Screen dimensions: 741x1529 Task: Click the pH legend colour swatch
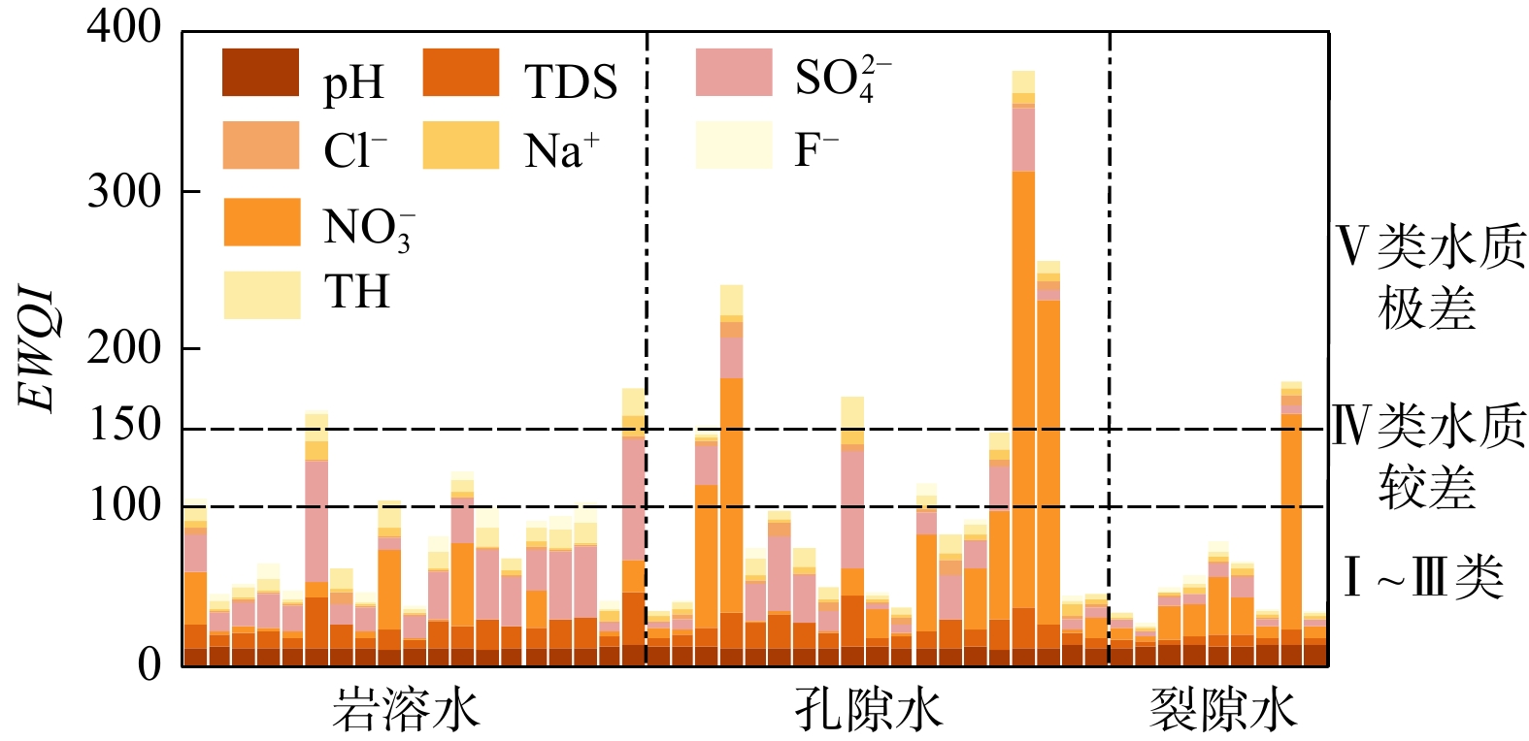point(260,73)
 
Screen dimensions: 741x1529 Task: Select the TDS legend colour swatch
point(461,73)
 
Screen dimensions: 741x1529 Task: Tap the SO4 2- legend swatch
point(734,73)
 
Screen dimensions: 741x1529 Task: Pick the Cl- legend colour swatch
point(260,145)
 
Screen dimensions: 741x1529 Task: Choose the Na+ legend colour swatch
point(461,145)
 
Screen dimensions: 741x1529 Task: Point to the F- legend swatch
point(734,145)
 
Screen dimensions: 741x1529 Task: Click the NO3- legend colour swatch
point(261,222)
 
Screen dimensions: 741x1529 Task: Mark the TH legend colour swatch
point(261,295)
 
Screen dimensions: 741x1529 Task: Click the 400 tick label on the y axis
point(124,27)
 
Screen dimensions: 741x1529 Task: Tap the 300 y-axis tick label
point(124,192)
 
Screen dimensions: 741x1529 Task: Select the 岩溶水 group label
point(406,709)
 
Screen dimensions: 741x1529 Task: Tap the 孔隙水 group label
point(868,709)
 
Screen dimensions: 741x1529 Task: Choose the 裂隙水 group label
point(1222,709)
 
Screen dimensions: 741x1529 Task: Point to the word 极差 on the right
point(1426,309)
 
